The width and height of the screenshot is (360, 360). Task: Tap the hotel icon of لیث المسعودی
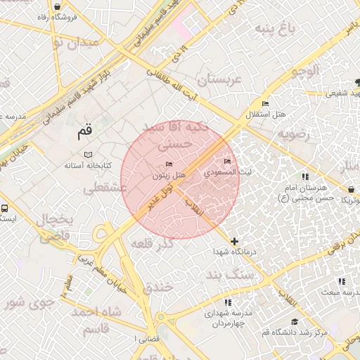click(226, 161)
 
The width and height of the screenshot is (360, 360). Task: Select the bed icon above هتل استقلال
click(265, 103)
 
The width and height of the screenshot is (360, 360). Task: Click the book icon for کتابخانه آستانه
click(87, 155)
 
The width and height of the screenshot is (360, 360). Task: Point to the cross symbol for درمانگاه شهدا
click(234, 241)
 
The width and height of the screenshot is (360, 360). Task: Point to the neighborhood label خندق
click(157, 288)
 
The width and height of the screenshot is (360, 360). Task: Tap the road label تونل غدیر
click(162, 194)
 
